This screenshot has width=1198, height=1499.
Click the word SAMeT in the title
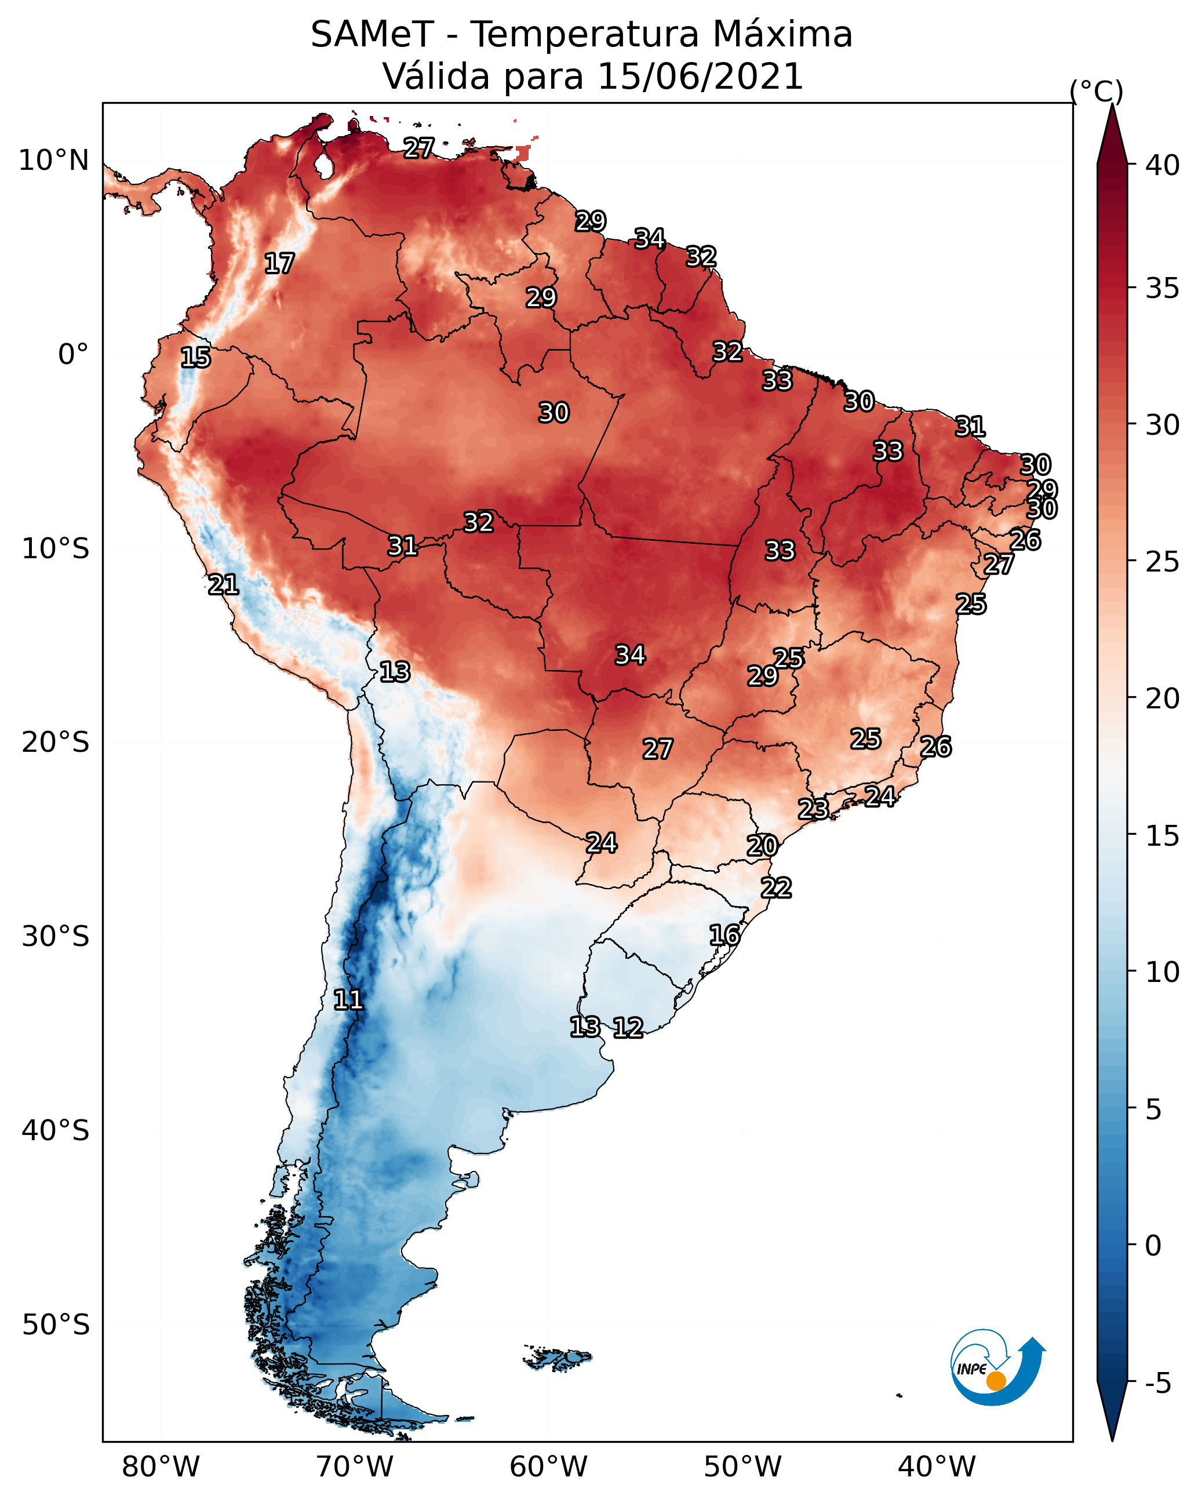pos(372,35)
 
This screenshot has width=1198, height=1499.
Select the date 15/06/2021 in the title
pos(700,77)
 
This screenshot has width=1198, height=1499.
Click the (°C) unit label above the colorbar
pos(1097,91)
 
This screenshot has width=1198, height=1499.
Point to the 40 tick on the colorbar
pos(1163,165)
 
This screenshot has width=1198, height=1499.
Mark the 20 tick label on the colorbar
pos(1163,698)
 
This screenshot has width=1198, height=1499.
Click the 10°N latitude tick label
pos(53,161)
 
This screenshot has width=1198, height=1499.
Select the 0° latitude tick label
pos(73,355)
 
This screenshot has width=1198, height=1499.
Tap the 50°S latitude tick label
pos(56,1325)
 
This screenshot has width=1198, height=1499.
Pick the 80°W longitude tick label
pos(161,1467)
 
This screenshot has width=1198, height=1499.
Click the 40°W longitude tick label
pos(937,1467)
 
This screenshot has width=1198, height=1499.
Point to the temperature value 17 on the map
pos(279,264)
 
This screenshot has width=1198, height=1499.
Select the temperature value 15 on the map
pos(195,358)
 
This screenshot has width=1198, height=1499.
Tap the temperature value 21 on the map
pos(223,585)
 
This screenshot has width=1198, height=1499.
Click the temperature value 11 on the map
pos(348,1000)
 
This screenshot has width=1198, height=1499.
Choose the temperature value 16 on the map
pos(724,935)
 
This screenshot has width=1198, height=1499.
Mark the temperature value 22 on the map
pos(776,888)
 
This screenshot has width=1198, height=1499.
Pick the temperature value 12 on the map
pos(628,1028)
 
